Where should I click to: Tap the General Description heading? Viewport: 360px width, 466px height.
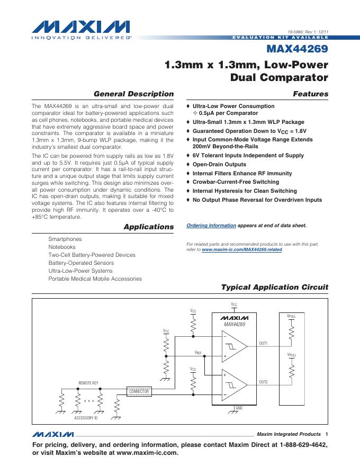click(133, 94)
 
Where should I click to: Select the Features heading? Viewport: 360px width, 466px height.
click(311, 94)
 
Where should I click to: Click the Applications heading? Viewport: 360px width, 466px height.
click(148, 227)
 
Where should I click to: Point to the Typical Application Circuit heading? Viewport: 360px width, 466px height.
click(274, 287)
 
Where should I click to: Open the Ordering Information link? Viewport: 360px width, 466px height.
click(211, 225)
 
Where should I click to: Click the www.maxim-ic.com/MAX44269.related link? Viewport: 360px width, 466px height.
click(242, 249)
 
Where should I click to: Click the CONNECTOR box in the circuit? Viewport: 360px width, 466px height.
click(139, 391)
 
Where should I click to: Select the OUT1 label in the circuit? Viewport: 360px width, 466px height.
click(263, 344)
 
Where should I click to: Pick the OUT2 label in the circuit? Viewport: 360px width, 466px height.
click(263, 382)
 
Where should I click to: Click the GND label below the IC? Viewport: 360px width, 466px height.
click(239, 408)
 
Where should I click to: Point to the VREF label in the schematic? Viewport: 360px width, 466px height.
click(198, 352)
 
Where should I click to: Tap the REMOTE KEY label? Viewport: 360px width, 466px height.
click(89, 382)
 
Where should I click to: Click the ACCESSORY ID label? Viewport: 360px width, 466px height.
click(86, 418)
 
